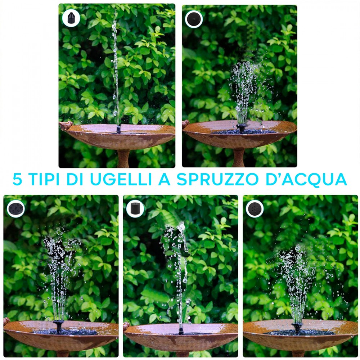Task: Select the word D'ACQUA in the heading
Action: click(306, 179)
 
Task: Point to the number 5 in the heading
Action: click(17, 179)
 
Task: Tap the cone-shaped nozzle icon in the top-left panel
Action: click(71, 18)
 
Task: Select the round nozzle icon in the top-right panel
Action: click(194, 19)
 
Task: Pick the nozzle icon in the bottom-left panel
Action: click(15, 208)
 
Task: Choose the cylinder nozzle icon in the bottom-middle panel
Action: click(135, 209)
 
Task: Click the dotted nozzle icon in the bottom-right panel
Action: click(255, 209)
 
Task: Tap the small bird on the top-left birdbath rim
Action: click(66, 125)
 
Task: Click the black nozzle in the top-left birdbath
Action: click(118, 129)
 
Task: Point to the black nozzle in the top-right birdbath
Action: click(241, 128)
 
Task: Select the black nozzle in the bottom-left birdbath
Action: click(59, 327)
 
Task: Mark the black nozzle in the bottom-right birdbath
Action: click(297, 328)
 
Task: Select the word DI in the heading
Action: click(75, 179)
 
